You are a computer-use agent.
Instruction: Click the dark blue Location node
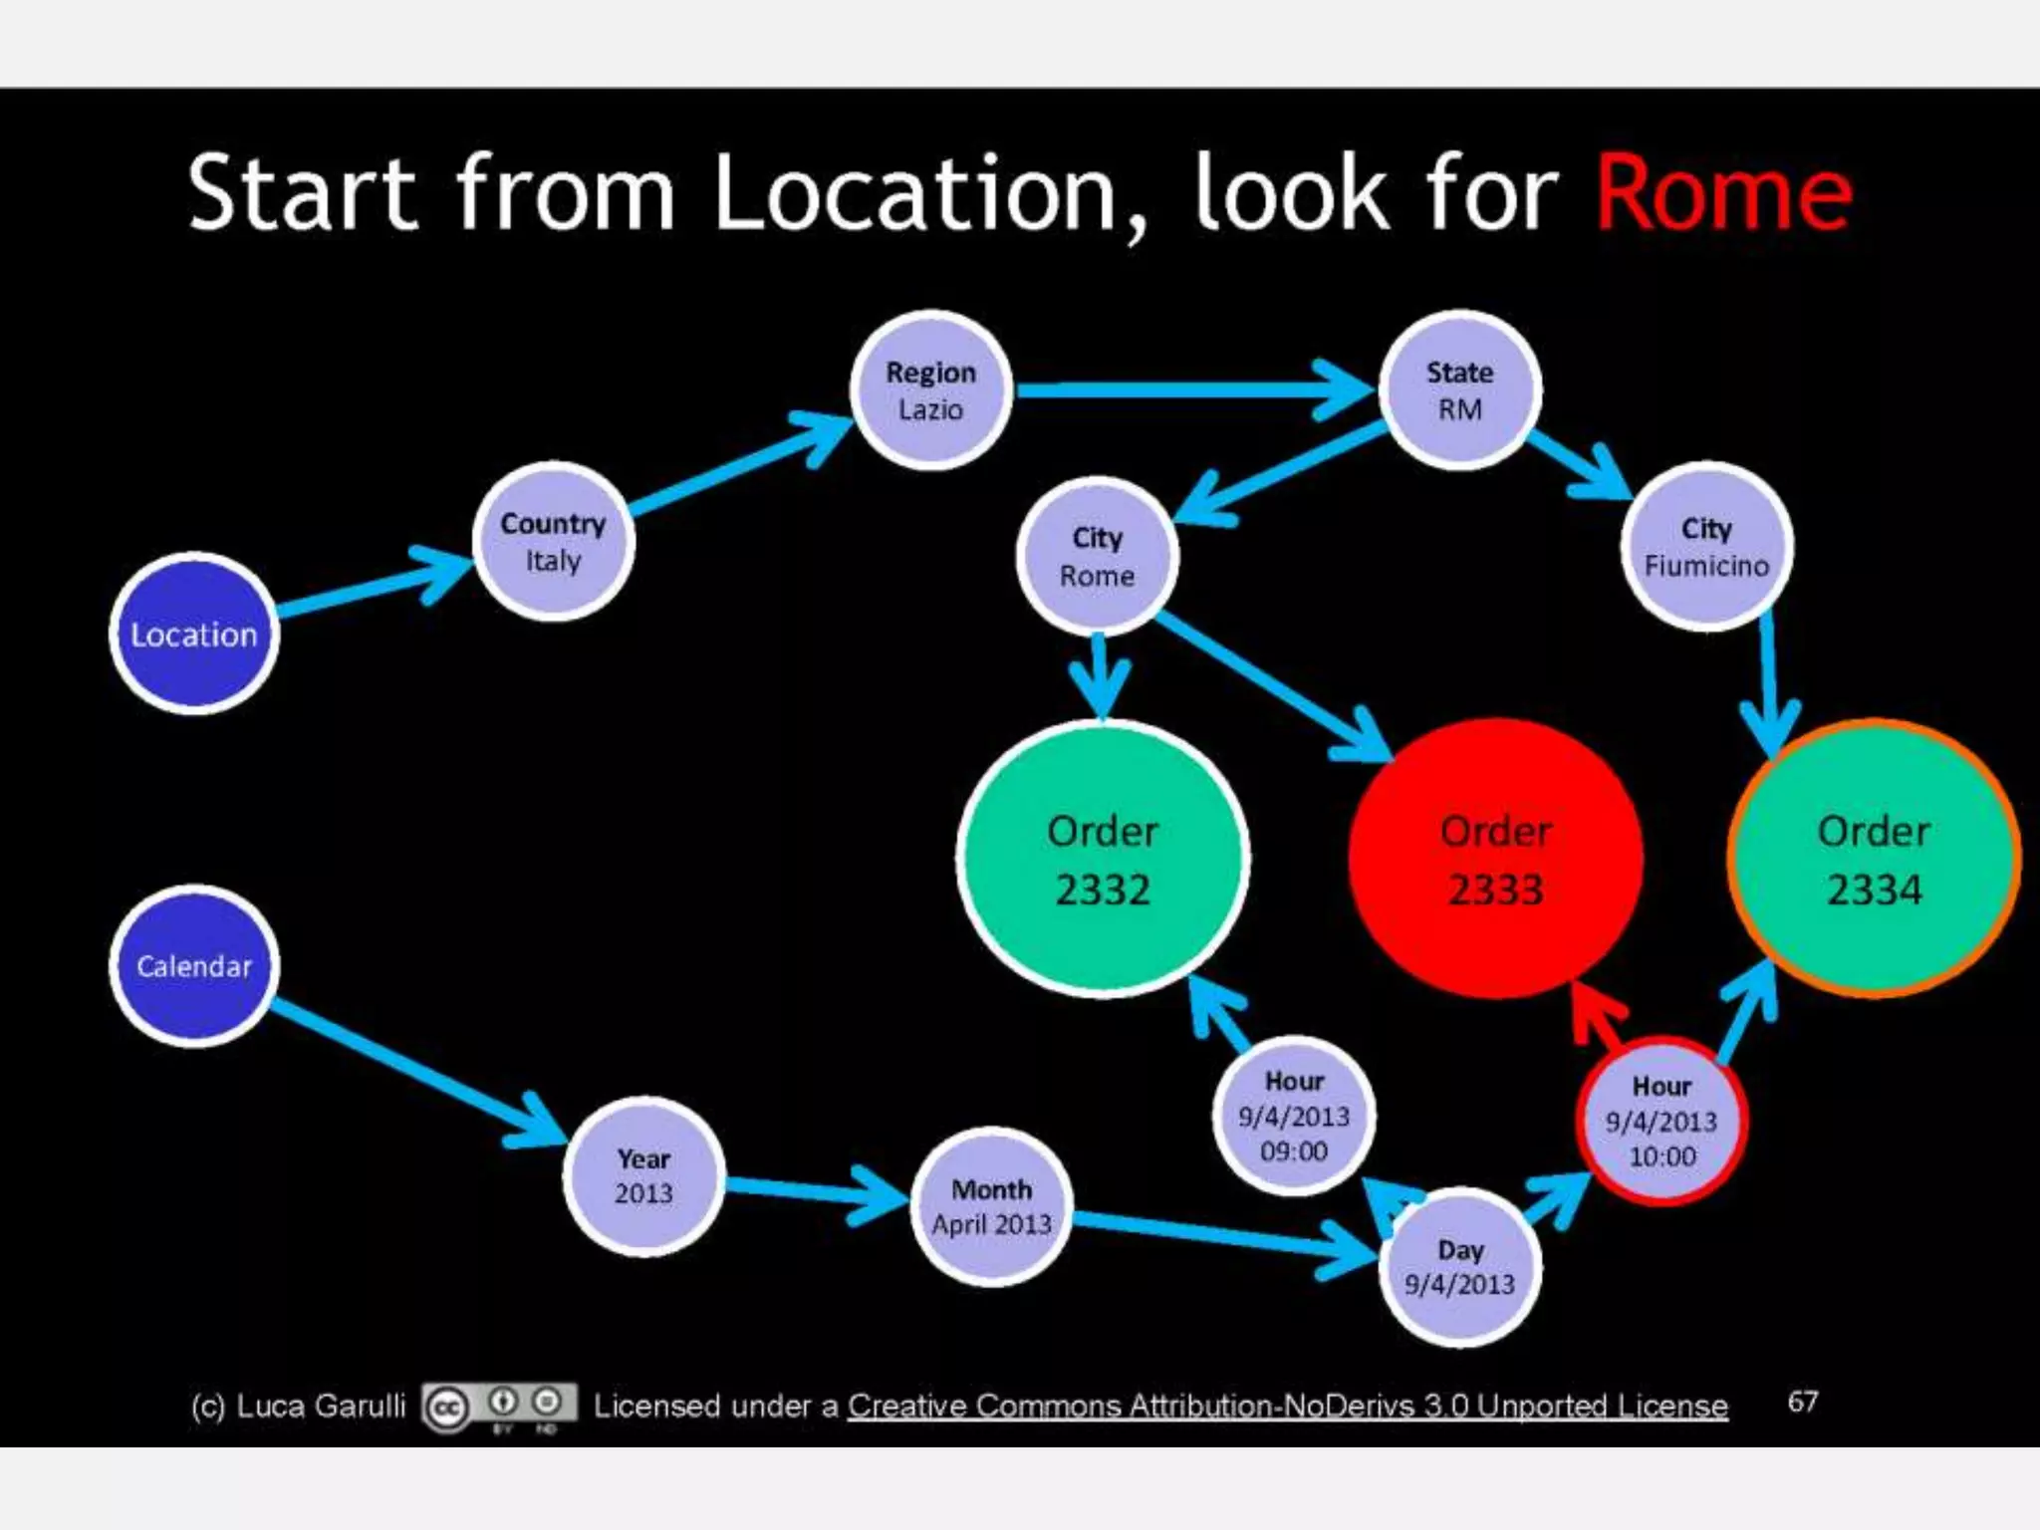(x=194, y=634)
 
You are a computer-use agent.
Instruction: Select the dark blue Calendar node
(x=194, y=965)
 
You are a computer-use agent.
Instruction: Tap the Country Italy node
(x=553, y=542)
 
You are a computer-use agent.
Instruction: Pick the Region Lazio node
(x=931, y=390)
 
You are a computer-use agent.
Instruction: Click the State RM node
(x=1459, y=390)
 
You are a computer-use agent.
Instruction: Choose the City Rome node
(x=1097, y=556)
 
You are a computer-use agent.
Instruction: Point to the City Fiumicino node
(x=1706, y=546)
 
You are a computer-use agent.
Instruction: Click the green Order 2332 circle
(x=1103, y=859)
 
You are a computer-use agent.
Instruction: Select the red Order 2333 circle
(x=1495, y=859)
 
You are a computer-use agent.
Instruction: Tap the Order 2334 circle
(x=1874, y=859)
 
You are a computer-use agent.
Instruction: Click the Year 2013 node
(x=643, y=1176)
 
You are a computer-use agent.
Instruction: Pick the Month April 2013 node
(x=991, y=1206)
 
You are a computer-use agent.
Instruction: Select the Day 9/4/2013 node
(x=1460, y=1267)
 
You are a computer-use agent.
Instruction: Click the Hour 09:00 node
(x=1294, y=1116)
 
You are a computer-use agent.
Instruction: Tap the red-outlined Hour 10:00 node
(x=1661, y=1121)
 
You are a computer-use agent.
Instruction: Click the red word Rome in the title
(x=1723, y=194)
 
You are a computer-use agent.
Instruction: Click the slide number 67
(x=1802, y=1402)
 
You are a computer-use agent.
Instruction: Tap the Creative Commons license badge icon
(x=499, y=1406)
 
